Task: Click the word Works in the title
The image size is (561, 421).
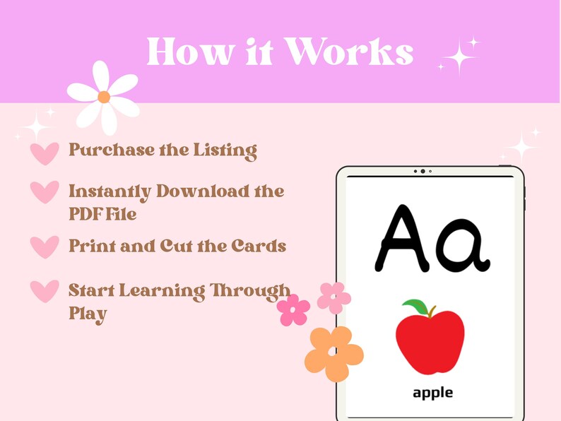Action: click(352, 52)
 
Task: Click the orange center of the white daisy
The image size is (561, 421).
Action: click(104, 97)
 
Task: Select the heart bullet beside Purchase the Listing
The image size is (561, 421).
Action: click(45, 153)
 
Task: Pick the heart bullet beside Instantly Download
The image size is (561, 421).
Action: click(45, 191)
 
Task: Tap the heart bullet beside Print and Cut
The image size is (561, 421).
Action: click(45, 247)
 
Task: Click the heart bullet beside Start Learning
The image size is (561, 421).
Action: click(45, 291)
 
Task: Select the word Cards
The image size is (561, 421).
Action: click(259, 246)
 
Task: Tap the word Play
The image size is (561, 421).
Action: click(88, 313)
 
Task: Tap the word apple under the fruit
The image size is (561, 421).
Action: click(432, 392)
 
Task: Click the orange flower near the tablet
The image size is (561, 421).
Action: click(334, 353)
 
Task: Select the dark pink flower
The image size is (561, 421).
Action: click(293, 310)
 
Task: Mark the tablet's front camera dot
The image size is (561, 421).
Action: click(423, 172)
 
